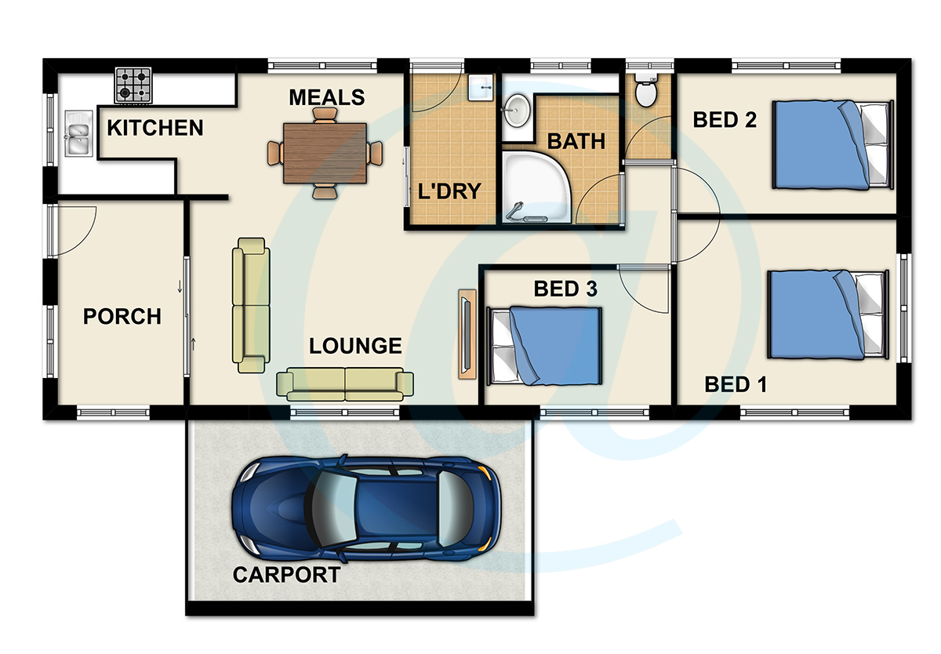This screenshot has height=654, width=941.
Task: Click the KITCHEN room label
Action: [x=155, y=128]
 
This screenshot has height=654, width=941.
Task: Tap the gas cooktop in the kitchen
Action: [x=133, y=85]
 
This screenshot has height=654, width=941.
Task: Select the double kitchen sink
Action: [x=78, y=133]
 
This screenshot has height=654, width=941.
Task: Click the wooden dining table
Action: [x=325, y=154]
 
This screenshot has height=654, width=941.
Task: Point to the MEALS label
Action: [x=327, y=97]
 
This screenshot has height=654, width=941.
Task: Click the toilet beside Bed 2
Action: [x=646, y=90]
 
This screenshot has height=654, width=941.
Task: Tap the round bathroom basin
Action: [x=517, y=110]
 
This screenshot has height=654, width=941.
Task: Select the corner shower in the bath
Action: [x=537, y=187]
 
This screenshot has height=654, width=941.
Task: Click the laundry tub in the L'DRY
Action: [x=481, y=88]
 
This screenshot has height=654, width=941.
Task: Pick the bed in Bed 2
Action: [x=833, y=144]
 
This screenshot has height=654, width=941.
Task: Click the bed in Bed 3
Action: [x=544, y=346]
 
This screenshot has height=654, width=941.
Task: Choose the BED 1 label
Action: [x=736, y=384]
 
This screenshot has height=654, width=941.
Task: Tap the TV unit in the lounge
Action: [x=467, y=334]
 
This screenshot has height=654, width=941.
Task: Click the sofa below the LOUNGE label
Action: [x=345, y=384]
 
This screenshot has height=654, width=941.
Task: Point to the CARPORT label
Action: [x=286, y=575]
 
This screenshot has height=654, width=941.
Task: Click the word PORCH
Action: [x=122, y=316]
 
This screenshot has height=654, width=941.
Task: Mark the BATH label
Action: [x=576, y=141]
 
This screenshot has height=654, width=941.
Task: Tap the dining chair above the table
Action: [x=325, y=115]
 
